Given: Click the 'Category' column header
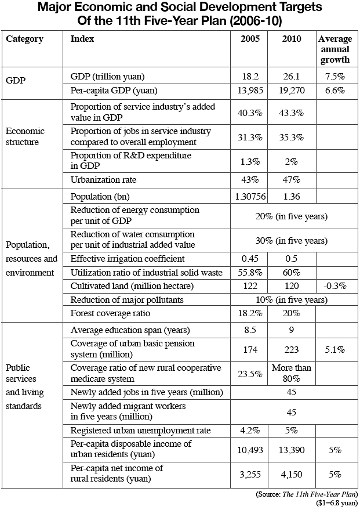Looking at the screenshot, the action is pos(25,39).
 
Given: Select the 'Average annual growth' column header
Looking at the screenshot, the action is pos(335,49).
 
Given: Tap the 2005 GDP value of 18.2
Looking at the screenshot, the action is pos(250,77).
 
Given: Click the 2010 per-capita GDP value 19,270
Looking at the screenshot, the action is pos(292,90).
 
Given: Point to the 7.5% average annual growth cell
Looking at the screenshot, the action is pos(335,77).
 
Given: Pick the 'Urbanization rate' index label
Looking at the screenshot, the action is pos(103,180).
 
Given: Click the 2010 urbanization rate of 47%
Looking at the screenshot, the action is pos(292,180).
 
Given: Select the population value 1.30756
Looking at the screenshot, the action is pos(250,197).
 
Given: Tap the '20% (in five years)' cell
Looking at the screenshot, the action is pos(292,216).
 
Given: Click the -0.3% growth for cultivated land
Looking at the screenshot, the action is pos(335,286).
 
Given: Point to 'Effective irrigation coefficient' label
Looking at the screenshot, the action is pos(128,259).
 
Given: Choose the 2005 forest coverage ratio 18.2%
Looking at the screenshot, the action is pos(250,313).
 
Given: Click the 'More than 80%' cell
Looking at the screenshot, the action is pos(292,373).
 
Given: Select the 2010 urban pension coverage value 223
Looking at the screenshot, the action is pos(292,350).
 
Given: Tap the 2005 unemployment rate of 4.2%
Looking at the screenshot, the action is pos(250,431).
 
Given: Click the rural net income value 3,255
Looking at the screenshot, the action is pos(250,475).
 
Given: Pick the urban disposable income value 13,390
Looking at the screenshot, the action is pos(292,450).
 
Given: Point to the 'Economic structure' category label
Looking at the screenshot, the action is pos(25,136).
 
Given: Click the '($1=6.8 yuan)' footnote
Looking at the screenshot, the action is pos(337,503).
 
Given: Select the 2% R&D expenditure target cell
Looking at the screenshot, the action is pos(292,162).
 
